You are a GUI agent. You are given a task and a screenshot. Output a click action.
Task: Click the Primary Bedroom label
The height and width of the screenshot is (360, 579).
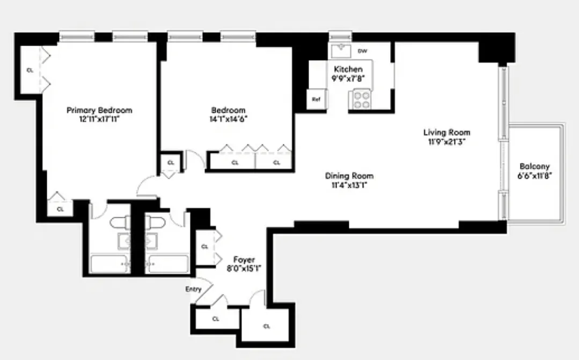99,111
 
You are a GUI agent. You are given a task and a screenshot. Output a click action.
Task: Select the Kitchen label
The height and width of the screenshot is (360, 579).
348,69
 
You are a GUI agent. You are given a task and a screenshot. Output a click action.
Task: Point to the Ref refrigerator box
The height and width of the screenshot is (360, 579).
316,100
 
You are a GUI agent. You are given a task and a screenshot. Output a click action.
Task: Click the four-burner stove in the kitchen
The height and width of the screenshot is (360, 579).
361,99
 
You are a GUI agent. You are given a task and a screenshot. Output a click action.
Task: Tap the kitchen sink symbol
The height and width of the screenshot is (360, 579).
341,50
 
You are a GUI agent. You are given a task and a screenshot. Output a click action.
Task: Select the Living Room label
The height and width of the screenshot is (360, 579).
446,133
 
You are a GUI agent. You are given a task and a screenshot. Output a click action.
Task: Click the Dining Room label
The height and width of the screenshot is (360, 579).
349,176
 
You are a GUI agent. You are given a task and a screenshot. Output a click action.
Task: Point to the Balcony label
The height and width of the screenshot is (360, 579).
534,167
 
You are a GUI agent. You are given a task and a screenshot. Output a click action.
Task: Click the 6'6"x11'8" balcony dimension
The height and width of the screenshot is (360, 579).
534,175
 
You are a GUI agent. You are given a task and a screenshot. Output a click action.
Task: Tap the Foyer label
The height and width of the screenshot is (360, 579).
245,260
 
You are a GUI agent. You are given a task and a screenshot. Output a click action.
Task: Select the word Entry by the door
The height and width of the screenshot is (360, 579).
193,290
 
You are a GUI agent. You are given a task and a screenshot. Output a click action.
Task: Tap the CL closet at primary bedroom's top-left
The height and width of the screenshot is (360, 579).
30,70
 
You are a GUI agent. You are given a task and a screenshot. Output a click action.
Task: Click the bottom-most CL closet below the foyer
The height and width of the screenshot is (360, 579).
267,326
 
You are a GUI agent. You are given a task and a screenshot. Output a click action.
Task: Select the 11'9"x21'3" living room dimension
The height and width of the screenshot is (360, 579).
446,142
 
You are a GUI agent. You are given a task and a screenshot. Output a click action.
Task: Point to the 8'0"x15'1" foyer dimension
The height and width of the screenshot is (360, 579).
245,269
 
